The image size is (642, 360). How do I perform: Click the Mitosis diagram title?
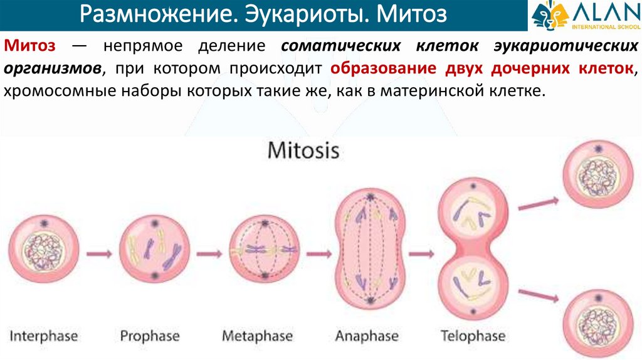(303, 151)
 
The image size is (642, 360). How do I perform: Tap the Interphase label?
(44, 336)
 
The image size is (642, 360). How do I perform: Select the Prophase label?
(150, 336)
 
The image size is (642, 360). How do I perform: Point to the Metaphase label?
(257, 336)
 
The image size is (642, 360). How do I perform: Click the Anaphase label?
(367, 336)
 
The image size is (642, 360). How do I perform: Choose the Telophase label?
(472, 336)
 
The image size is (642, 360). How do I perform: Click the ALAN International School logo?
(584, 15)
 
